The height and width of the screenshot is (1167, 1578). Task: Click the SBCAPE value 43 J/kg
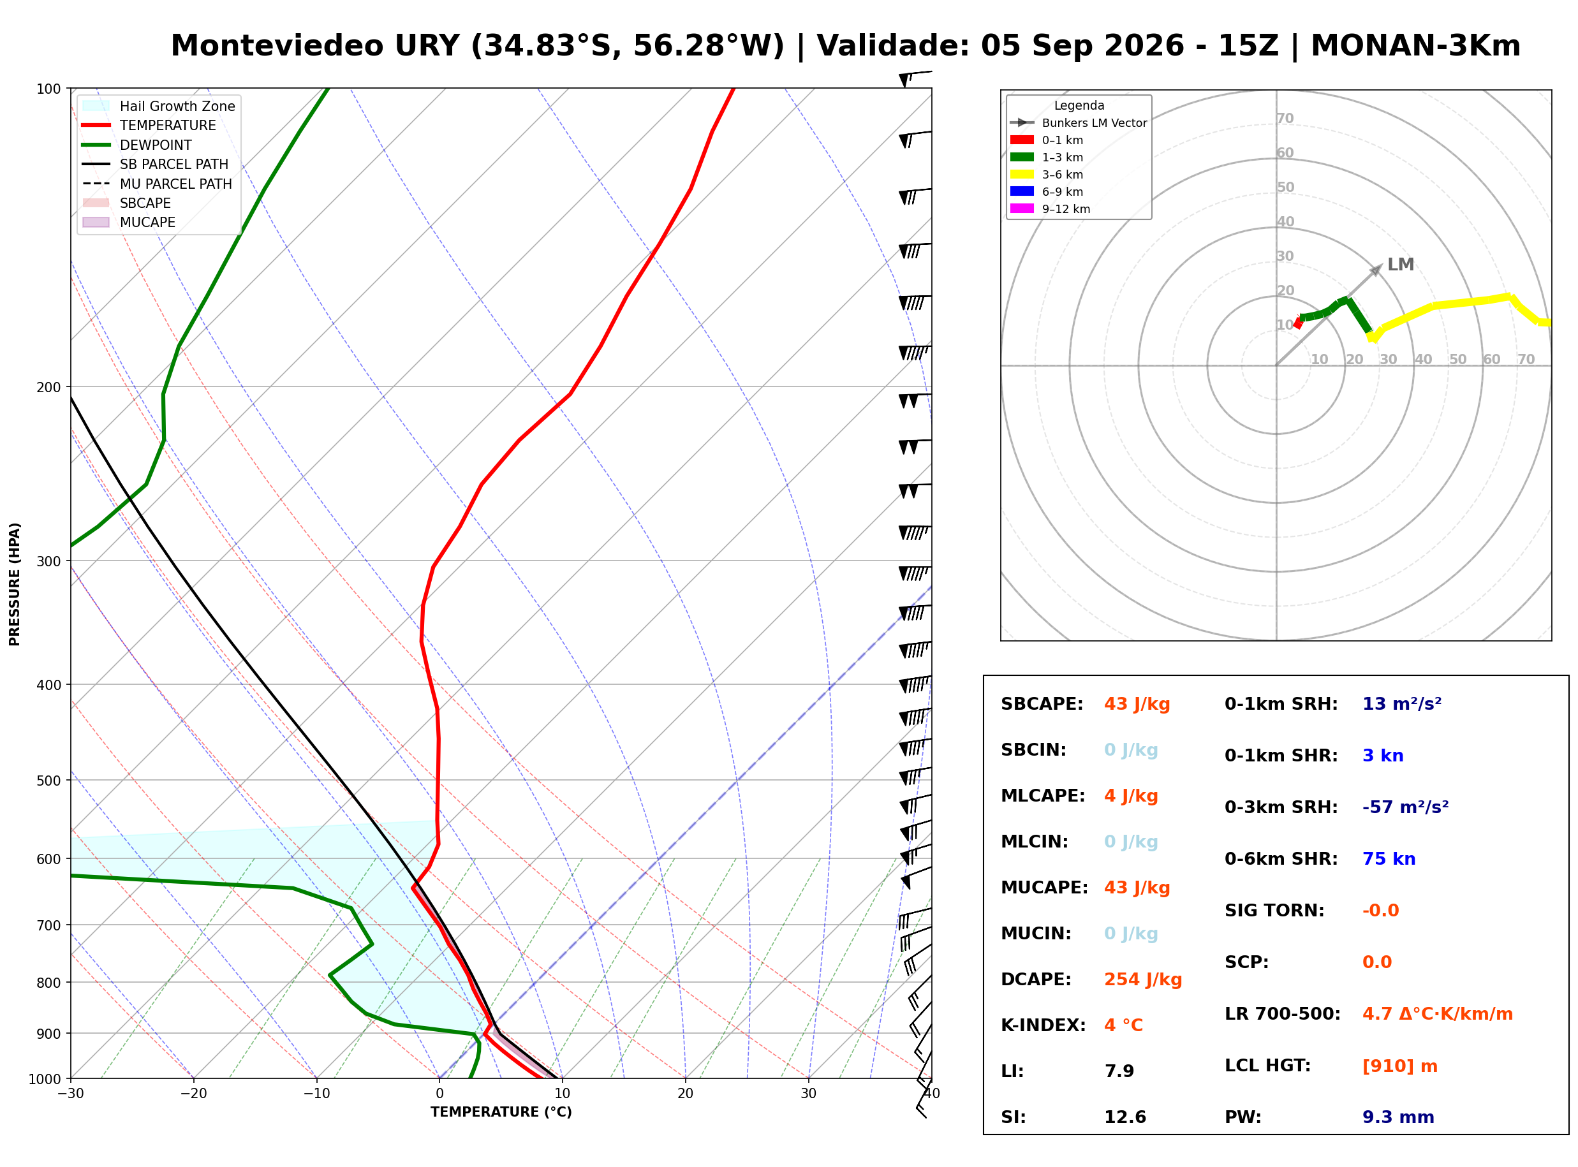point(1137,704)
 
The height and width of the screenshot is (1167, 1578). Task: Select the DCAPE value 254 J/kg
point(1143,980)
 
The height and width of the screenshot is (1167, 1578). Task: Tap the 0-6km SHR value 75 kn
point(1389,859)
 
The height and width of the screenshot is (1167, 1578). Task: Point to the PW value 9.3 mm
point(1398,1117)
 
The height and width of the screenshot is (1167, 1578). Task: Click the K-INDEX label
point(1043,1025)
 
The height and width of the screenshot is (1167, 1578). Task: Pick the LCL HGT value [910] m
point(1400,1066)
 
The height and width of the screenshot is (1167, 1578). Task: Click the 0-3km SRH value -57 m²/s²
point(1406,807)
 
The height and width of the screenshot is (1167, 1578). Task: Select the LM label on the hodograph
point(1401,265)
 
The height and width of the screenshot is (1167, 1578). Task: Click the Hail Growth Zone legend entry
point(158,106)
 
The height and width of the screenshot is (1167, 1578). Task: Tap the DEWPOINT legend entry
point(137,145)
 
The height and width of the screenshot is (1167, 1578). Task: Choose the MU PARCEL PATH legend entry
point(157,184)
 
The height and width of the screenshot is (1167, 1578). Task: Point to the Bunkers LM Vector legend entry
point(1079,123)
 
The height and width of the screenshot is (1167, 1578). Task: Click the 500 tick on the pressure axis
point(48,781)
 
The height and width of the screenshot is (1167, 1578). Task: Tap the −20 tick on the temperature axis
point(193,1094)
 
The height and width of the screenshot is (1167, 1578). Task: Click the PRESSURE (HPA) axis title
point(15,584)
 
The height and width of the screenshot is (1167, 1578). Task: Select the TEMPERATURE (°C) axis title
point(501,1112)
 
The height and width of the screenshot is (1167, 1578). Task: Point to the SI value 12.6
point(1125,1117)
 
